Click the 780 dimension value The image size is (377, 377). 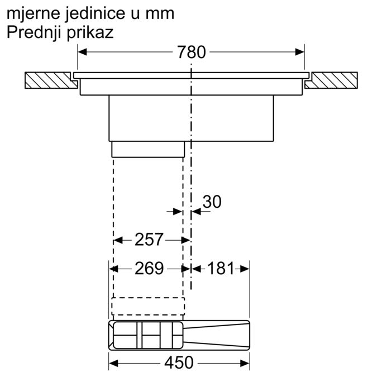click(x=192, y=52)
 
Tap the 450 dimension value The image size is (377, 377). click(x=179, y=362)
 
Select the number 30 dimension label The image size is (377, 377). click(x=212, y=202)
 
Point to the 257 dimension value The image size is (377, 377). click(x=149, y=240)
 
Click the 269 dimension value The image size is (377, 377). click(x=149, y=268)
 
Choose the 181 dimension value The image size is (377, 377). click(x=221, y=268)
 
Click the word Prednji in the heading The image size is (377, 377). click(x=34, y=32)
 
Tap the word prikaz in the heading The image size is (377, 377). click(x=90, y=33)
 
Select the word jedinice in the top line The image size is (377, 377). click(x=95, y=14)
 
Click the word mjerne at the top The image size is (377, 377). click(x=33, y=14)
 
